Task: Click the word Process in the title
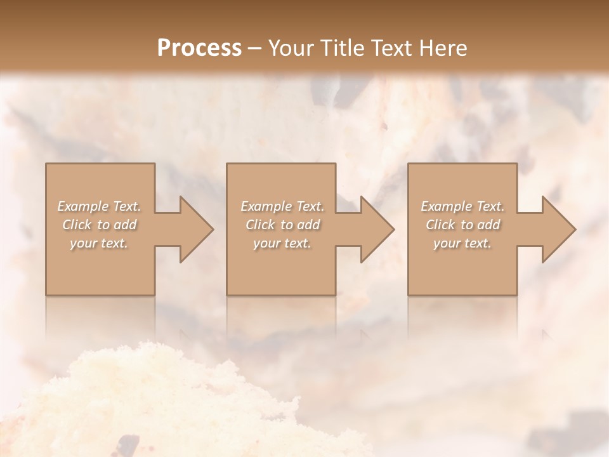199,48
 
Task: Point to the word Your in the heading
291,48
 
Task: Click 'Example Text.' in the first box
100,206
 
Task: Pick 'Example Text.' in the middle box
282,206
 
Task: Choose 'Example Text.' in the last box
462,206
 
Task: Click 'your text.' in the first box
99,243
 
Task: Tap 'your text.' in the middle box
282,243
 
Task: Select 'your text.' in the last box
462,243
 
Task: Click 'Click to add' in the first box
100,225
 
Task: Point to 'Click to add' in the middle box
282,225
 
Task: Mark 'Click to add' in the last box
462,225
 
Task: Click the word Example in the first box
82,206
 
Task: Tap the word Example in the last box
445,206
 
